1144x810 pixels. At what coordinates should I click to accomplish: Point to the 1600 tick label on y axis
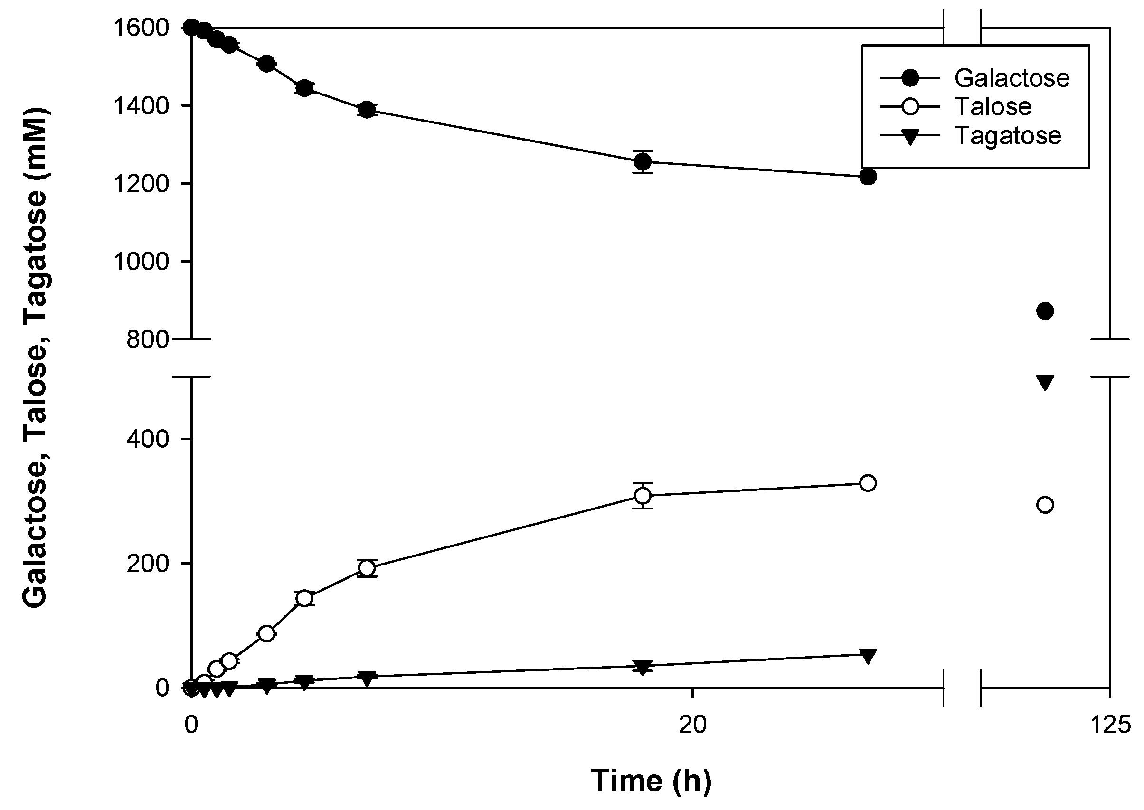click(x=141, y=28)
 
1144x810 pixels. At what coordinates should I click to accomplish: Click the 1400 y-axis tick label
click(x=141, y=106)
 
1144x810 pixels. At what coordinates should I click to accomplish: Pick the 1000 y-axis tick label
click(x=141, y=261)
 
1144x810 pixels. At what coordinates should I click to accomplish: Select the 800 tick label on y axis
click(x=148, y=339)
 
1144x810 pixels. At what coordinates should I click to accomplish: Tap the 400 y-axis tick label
click(x=148, y=439)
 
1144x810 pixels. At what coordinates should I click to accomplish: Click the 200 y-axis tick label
click(x=148, y=564)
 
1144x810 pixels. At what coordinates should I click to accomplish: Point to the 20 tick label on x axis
click(x=692, y=725)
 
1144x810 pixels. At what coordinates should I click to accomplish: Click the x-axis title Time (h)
click(x=651, y=781)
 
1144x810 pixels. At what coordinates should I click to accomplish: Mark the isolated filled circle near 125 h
click(x=1045, y=311)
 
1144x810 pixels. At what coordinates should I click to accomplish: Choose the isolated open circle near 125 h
click(x=1045, y=505)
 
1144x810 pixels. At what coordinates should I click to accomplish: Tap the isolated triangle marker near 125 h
click(x=1045, y=383)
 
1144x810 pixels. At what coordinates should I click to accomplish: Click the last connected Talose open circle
click(x=868, y=483)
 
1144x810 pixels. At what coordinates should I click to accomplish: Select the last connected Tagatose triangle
click(x=868, y=656)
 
